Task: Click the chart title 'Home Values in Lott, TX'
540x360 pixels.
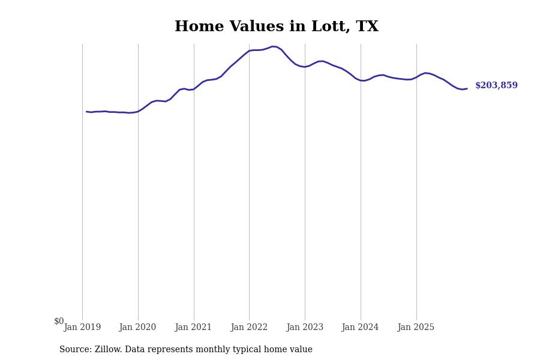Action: click(x=276, y=27)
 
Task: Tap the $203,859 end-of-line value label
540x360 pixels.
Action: click(x=496, y=86)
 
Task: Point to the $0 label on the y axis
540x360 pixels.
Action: click(x=59, y=321)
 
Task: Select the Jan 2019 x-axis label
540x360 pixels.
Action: click(x=82, y=328)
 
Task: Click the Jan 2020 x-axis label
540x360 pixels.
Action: click(x=137, y=328)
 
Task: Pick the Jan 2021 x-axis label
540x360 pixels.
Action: click(x=193, y=328)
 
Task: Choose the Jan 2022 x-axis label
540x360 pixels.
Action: click(x=249, y=328)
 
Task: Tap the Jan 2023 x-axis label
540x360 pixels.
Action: click(x=305, y=328)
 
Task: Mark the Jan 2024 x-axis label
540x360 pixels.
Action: click(x=360, y=328)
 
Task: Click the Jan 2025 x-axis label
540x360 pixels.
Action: click(x=416, y=328)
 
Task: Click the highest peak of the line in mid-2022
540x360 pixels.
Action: click(x=273, y=46)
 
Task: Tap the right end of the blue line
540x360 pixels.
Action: click(x=467, y=89)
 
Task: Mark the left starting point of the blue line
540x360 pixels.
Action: click(x=86, y=112)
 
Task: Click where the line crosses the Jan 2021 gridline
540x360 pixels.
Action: click(x=194, y=89)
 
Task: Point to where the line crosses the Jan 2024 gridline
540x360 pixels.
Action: click(x=361, y=80)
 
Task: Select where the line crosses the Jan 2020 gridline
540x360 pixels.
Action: click(x=138, y=111)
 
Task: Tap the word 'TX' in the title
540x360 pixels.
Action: click(x=367, y=27)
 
